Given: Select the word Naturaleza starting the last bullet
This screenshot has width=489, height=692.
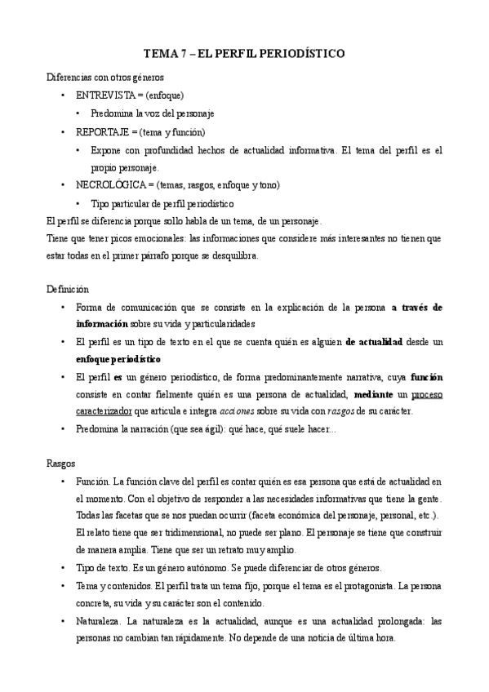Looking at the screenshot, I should [97, 621].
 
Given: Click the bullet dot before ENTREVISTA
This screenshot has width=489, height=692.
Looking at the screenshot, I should [64, 95].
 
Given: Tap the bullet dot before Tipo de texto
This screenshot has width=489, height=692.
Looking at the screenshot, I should [64, 569].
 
